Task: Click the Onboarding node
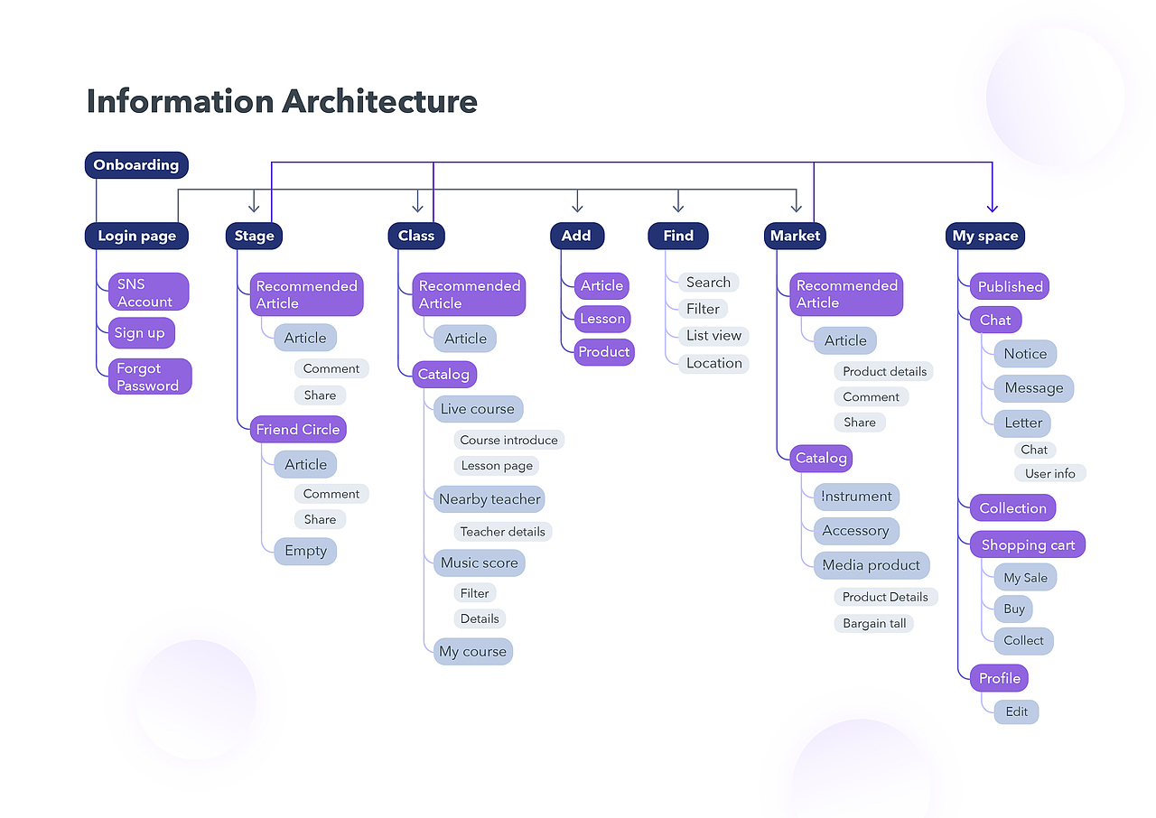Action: click(x=136, y=165)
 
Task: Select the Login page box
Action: click(x=136, y=237)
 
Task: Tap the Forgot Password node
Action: click(x=149, y=376)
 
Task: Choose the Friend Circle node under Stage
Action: click(x=298, y=430)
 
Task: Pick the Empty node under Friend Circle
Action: click(x=305, y=551)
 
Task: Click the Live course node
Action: click(x=478, y=409)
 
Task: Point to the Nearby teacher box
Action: click(x=489, y=499)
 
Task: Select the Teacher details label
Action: click(x=502, y=532)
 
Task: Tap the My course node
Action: click(x=472, y=651)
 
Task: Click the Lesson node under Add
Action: click(x=602, y=319)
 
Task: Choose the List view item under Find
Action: click(x=713, y=336)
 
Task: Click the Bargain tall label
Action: click(x=874, y=623)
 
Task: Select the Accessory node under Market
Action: click(x=856, y=531)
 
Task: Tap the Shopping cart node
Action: click(x=1028, y=545)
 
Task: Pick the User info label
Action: click(x=1049, y=473)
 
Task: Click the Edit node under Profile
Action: click(x=1017, y=711)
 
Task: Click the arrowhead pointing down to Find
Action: click(x=678, y=207)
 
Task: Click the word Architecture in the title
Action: click(x=379, y=101)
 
